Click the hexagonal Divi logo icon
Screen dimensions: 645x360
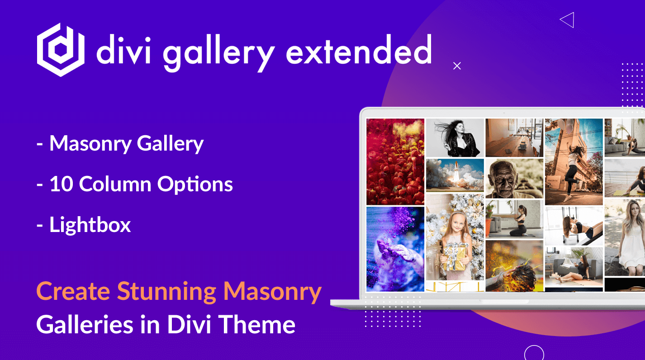tap(61, 50)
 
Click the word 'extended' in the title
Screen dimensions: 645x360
tap(359, 49)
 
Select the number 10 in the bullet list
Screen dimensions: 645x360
tap(62, 184)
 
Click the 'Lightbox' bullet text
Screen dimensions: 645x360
tap(90, 225)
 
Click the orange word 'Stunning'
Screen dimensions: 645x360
tap(167, 292)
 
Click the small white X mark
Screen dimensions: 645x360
tap(457, 66)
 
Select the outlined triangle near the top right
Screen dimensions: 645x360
tap(567, 20)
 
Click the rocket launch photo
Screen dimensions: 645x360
tap(455, 175)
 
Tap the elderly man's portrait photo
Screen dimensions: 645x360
tap(514, 179)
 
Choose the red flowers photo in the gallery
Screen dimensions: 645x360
tap(395, 161)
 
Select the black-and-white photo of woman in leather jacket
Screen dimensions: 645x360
tap(455, 137)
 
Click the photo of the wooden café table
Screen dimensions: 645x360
tap(514, 137)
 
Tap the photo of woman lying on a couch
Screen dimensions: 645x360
tap(574, 267)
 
